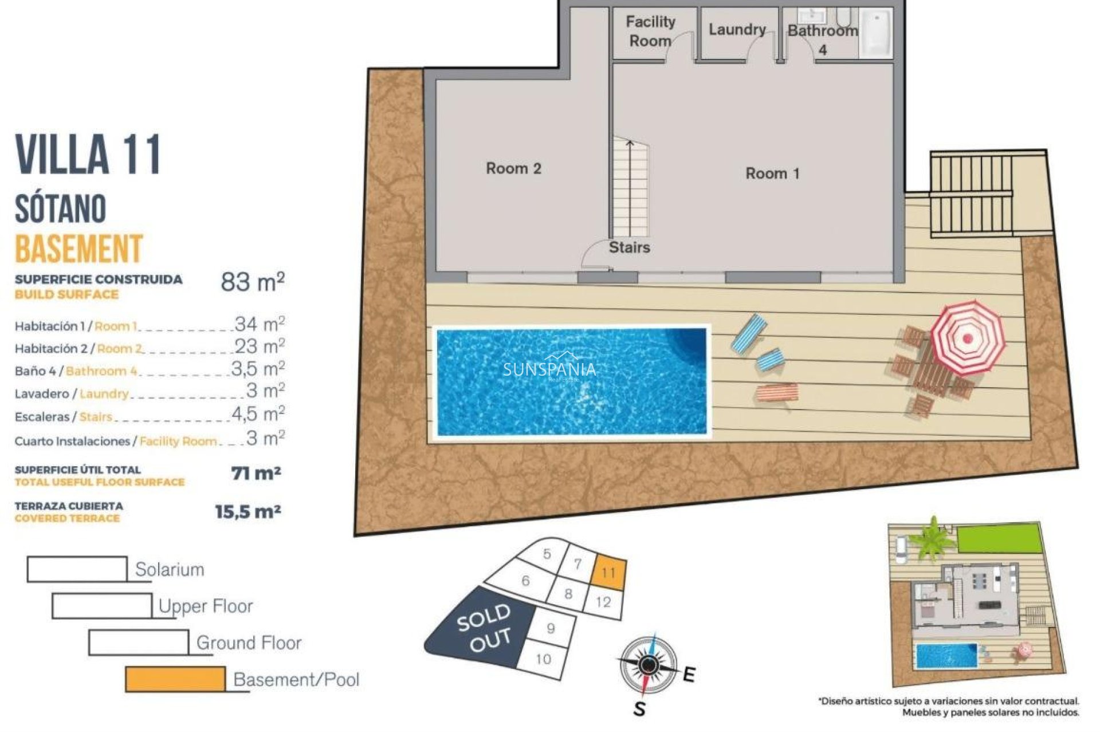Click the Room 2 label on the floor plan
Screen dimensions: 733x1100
[513, 168]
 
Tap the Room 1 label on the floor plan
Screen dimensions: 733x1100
[772, 174]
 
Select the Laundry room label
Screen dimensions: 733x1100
[737, 30]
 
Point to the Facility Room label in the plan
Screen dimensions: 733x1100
[650, 31]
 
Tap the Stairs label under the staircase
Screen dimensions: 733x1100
[629, 247]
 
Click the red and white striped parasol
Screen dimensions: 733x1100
[967, 337]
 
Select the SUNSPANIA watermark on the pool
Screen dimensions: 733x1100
[549, 370]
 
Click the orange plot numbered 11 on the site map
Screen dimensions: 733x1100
[608, 572]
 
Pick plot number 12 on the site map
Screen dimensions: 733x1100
[603, 602]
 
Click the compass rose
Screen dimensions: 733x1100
[648, 665]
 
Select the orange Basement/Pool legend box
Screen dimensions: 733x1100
[175, 679]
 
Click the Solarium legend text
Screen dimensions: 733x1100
[170, 570]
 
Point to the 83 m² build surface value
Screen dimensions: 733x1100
[252, 282]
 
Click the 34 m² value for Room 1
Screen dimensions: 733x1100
[259, 325]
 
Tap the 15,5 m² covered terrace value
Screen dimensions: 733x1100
[247, 511]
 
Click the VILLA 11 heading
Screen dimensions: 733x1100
[88, 155]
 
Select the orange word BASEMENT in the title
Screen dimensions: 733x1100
[78, 249]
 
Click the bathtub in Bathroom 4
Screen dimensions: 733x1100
[876, 33]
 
